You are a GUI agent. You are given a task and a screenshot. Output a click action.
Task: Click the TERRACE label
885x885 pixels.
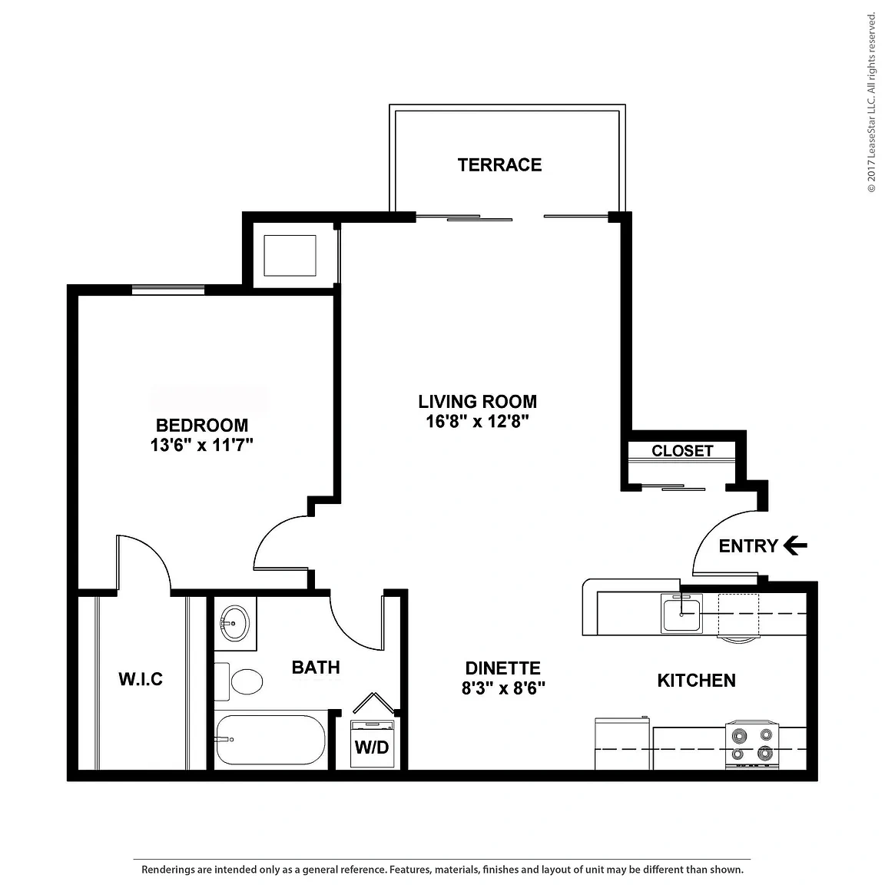[x=499, y=165]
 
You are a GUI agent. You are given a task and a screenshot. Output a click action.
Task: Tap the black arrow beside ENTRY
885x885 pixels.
[x=795, y=545]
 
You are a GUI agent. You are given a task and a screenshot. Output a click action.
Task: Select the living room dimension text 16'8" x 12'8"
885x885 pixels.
[x=478, y=422]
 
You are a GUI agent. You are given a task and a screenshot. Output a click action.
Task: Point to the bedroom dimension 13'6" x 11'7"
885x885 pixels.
[x=201, y=446]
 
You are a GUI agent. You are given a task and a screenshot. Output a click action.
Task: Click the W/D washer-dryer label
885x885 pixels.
[x=372, y=747]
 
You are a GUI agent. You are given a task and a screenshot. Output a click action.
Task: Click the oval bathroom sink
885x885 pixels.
[x=234, y=624]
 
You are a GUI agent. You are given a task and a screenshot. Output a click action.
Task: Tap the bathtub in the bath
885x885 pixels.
[x=270, y=739]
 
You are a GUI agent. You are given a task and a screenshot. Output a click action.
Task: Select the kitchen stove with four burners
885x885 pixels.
[x=752, y=744]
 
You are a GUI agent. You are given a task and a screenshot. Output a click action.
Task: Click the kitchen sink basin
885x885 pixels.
[x=682, y=615]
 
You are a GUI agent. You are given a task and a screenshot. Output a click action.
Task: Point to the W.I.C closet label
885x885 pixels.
[x=141, y=678]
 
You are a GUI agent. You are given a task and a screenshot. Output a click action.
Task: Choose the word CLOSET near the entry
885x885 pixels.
[x=682, y=451]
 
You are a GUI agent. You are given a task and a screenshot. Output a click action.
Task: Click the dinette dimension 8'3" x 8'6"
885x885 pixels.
[x=503, y=688]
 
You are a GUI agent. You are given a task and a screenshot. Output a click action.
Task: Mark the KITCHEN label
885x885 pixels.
[x=697, y=681]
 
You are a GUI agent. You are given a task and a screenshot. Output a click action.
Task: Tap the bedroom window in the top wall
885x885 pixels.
[x=168, y=290]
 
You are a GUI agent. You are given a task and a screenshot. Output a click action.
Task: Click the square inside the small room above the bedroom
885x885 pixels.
[x=290, y=256]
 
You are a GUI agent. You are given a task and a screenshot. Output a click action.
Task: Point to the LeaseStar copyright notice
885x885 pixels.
[x=871, y=102]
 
